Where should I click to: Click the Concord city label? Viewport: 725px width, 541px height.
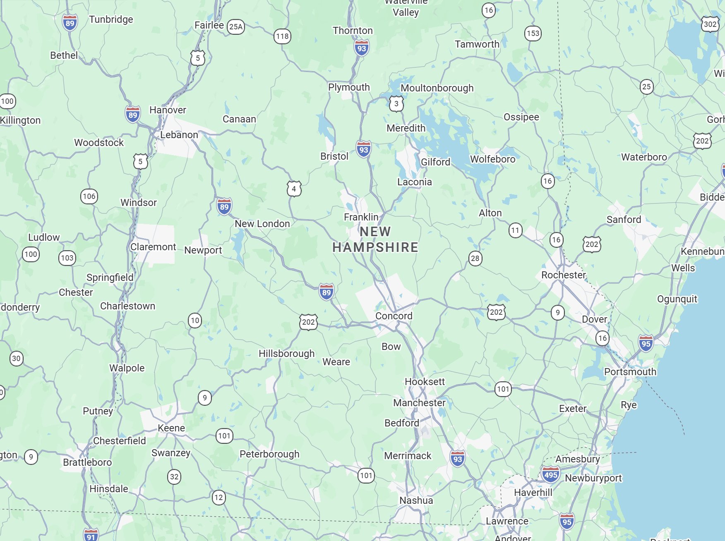394,316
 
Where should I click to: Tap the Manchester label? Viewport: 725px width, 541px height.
419,403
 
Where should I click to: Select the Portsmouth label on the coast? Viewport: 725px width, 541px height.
630,372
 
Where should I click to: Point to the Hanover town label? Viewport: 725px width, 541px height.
168,110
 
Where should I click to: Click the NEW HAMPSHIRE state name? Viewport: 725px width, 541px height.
375,239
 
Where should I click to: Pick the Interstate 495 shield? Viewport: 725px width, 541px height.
550,475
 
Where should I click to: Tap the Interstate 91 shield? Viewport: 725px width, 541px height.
91,536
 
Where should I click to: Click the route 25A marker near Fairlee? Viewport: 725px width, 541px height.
236,27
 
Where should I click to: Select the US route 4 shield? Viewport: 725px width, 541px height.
294,189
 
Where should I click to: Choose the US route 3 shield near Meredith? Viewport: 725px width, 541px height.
396,104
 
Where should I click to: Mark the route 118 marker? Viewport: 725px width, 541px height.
282,36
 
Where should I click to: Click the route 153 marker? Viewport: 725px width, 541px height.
533,34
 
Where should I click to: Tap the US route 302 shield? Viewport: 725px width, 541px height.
710,24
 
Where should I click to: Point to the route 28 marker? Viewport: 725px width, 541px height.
475,259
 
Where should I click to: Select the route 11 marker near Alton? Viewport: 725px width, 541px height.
515,230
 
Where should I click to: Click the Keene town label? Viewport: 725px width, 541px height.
171,428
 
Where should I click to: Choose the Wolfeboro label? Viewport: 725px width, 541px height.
492,159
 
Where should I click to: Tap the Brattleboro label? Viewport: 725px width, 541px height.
87,462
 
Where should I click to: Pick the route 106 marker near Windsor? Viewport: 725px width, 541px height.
89,196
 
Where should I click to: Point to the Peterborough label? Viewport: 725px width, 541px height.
269,454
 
